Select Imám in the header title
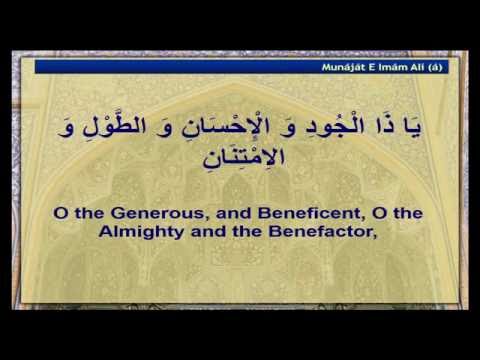point(396,67)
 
